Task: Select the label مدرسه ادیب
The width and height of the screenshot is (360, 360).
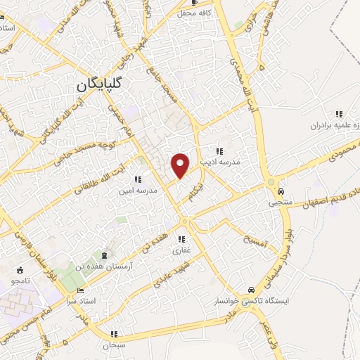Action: tap(220, 161)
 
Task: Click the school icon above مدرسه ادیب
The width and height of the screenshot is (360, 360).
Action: tap(220, 150)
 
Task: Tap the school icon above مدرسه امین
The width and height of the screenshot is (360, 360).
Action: tap(138, 179)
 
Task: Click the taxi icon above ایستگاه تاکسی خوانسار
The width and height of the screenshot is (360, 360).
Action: tap(252, 290)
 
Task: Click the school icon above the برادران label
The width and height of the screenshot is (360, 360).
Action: tap(338, 114)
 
